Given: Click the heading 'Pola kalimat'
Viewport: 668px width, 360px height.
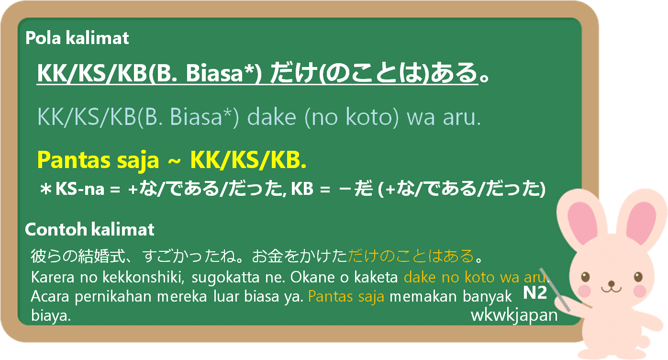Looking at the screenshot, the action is click(77, 38).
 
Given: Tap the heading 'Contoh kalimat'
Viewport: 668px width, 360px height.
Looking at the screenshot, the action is click(89, 229).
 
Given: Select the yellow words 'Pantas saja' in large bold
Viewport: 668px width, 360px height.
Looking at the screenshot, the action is click(98, 161).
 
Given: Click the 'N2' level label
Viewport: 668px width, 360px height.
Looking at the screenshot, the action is click(535, 292).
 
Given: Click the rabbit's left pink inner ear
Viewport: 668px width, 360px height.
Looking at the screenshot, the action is click(581, 222).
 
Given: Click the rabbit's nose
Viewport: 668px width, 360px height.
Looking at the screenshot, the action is click(612, 283).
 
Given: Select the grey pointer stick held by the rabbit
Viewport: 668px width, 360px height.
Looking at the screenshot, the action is click(555, 289).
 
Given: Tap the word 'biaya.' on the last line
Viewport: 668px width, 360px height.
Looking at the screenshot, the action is click(51, 315).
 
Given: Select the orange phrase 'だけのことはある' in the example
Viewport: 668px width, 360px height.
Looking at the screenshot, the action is click(411, 256).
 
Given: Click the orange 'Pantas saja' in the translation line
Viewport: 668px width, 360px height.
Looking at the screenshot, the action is click(346, 297).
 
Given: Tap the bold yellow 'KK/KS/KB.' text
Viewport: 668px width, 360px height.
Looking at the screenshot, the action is click(248, 160).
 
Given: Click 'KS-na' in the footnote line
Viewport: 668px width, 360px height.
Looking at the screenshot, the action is click(80, 189).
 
